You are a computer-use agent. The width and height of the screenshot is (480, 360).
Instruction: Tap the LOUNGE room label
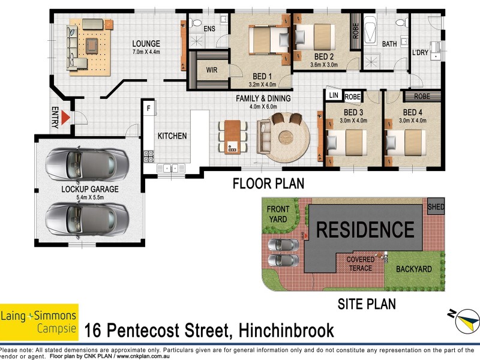point(146,44)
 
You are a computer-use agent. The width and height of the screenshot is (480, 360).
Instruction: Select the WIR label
point(211,70)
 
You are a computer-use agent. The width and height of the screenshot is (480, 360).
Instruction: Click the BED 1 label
point(262,77)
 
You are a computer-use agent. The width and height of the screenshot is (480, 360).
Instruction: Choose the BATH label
point(389,44)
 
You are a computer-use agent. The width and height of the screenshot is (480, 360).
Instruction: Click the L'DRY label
point(419,53)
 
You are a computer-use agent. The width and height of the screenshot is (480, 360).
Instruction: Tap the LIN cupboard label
point(334,95)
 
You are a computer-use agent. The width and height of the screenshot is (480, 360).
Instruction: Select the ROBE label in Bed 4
point(422,96)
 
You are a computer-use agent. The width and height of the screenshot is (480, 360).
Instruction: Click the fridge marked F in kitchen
point(148,109)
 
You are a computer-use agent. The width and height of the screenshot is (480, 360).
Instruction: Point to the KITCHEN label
point(172,136)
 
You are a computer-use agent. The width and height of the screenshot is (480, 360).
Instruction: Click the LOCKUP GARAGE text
point(90,189)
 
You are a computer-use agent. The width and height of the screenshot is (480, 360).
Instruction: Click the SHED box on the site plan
point(436,206)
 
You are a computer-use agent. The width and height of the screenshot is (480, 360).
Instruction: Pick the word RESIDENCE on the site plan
point(365,230)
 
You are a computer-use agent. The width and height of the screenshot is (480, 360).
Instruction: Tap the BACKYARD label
point(414,269)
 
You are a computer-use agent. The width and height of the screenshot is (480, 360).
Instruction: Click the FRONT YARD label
point(278,214)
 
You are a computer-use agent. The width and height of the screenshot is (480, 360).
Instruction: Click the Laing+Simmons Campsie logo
point(39,321)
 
